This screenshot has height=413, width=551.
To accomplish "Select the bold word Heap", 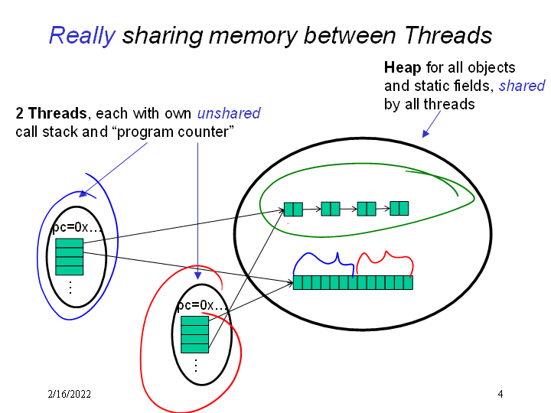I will (x=402, y=67).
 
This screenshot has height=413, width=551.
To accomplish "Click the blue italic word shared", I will (x=522, y=86).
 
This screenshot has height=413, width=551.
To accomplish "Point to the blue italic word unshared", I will (x=229, y=114).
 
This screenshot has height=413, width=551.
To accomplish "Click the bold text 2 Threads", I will (x=51, y=114).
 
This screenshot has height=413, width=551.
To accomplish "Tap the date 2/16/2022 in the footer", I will (x=69, y=395).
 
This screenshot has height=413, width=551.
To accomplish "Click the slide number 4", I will (x=500, y=395).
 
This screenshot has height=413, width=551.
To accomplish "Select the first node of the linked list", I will (x=293, y=209).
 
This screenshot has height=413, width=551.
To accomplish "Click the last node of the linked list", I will (x=399, y=207).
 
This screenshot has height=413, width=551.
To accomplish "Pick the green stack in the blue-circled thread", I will (x=69, y=256).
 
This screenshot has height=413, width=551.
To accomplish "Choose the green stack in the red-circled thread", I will (x=194, y=334).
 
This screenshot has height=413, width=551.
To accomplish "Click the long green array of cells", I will (x=353, y=282).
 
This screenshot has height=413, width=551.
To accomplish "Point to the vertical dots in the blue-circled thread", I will (x=70, y=288).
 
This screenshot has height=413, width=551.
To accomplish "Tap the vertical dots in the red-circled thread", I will (x=195, y=366).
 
